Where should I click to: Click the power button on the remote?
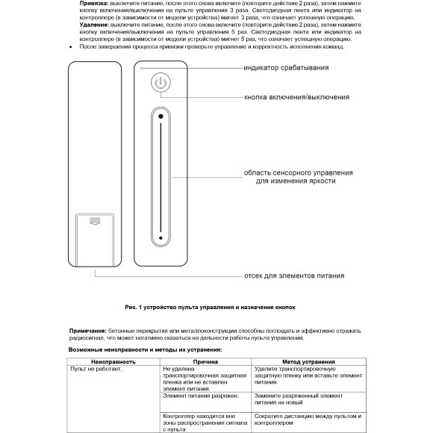pos(161,82)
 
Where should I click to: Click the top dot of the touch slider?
pos(161,116)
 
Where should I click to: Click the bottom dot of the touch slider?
pos(161,238)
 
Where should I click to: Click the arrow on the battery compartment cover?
pos(94,221)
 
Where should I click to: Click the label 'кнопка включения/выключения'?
pos(296,97)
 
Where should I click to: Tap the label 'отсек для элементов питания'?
pos(294,275)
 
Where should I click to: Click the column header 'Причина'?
pos(205,361)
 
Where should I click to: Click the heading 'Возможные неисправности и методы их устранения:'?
pos(146,349)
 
